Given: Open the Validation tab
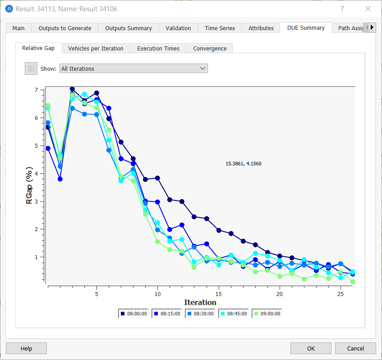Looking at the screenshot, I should (x=178, y=28).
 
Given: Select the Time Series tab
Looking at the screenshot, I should (x=220, y=28).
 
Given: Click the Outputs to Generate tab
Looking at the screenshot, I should (x=65, y=28).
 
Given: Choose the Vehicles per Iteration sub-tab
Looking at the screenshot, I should (x=96, y=48).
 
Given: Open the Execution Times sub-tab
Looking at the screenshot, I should (x=158, y=48).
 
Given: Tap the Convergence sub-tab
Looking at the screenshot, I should (x=210, y=48).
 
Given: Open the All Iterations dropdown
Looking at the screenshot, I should (x=133, y=68).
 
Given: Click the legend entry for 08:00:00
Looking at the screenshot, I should (x=134, y=314).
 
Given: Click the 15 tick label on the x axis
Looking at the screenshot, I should (x=219, y=293).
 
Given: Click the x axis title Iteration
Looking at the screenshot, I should (x=200, y=302).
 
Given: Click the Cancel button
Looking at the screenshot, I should (x=355, y=348).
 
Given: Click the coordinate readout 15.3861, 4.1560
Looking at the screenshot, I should (x=243, y=164).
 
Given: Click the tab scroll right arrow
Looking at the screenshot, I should (x=372, y=27).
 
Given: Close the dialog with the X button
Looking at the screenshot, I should (x=368, y=9).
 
